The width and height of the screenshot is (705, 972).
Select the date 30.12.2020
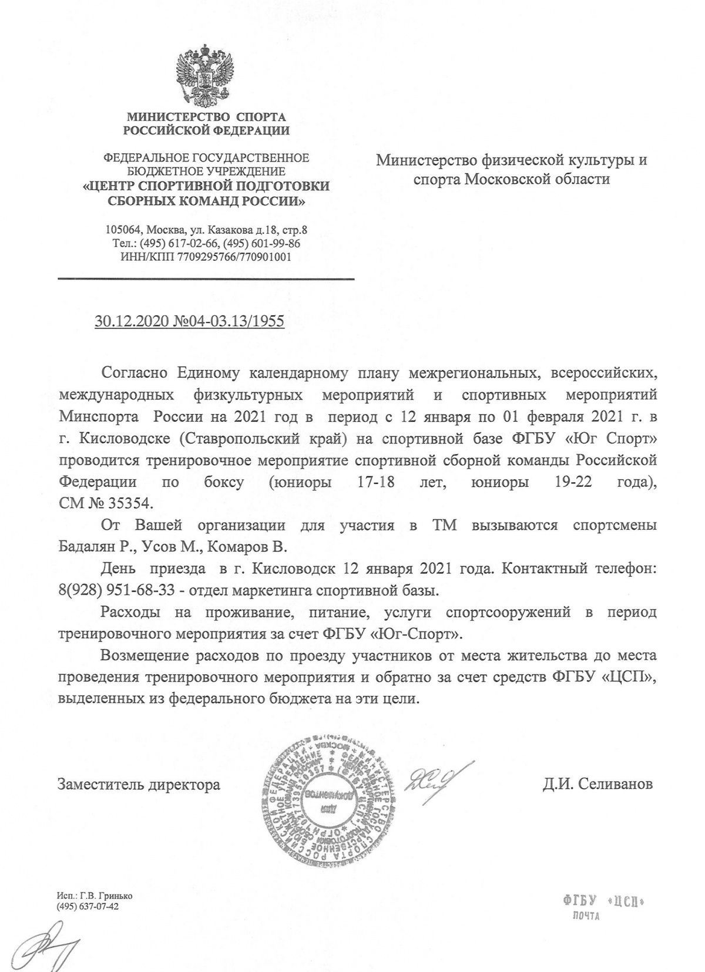coord(129,322)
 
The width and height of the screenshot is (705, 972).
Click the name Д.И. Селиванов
coord(597,784)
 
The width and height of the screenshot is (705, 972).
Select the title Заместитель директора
coord(139,784)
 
